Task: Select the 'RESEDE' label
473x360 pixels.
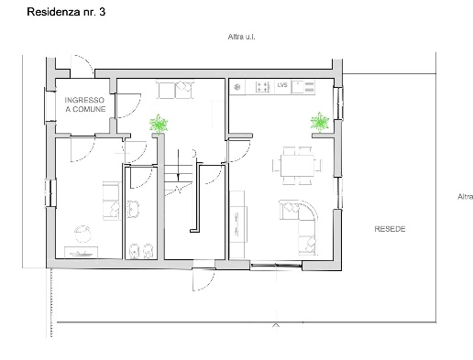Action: coord(390,228)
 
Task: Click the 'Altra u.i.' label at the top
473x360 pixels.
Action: coord(242,37)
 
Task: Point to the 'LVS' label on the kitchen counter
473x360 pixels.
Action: coord(282,86)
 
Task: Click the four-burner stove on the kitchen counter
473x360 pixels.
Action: coord(262,87)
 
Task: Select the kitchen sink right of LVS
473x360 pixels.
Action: coord(304,87)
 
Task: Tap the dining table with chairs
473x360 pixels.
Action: coord(297,166)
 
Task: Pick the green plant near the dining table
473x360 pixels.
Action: coord(319,122)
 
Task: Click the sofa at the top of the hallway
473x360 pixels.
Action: coord(175,89)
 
